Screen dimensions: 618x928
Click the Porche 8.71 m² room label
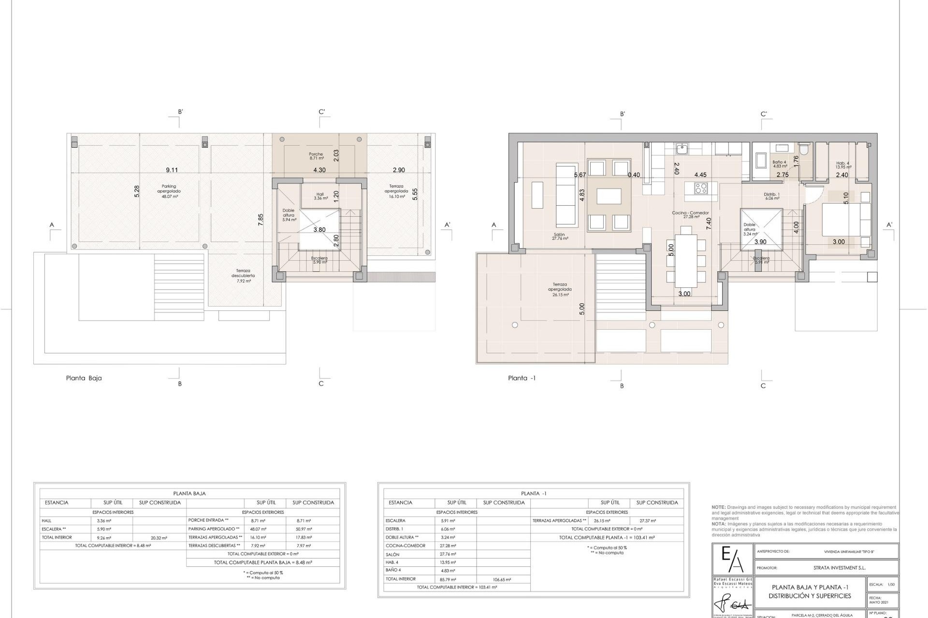pos(316,156)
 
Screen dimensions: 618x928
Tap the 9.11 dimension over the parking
pos(172,170)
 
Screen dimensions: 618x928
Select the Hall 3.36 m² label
pos(320,196)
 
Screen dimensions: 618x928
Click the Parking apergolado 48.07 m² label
pos(169,191)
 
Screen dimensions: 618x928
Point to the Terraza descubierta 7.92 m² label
pos(243,276)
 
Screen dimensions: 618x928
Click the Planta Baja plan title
pos(84,378)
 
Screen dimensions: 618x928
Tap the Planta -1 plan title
pos(522,378)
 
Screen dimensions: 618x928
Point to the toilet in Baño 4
pos(803,149)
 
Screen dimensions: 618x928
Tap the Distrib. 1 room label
pos(771,196)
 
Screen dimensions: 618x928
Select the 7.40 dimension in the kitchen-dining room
pos(709,223)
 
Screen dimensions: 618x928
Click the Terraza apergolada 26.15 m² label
pos(560,289)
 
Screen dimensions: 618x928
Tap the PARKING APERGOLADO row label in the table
pos(208,529)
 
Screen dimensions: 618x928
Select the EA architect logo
pos(732,560)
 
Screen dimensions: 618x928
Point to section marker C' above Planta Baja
pos(321,112)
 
